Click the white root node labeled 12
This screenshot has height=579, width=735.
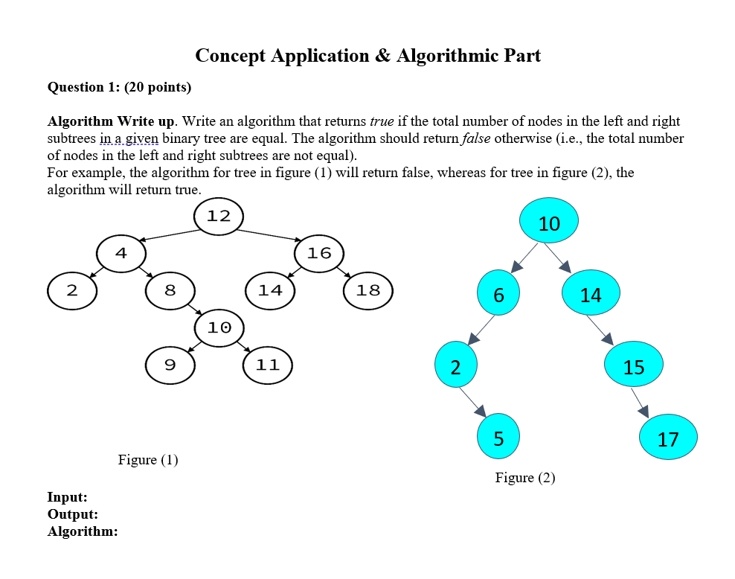(x=218, y=217)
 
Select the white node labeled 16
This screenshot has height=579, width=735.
(x=318, y=253)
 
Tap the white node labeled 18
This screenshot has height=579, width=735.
(x=368, y=290)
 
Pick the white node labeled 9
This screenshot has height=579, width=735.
(x=170, y=365)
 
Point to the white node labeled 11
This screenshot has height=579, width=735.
(x=268, y=365)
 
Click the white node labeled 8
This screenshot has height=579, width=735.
(x=170, y=290)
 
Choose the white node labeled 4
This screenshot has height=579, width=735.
(x=121, y=253)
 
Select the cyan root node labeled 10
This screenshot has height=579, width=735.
(x=548, y=221)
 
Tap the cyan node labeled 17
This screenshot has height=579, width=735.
(x=667, y=438)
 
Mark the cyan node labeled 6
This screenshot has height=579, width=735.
(x=498, y=293)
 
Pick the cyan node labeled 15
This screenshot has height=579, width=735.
(x=633, y=365)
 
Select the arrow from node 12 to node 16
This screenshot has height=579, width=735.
(x=269, y=234)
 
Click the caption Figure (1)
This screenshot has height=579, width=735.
(x=148, y=460)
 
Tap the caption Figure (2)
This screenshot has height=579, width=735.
(x=525, y=478)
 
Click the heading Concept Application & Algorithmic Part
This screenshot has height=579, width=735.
(x=367, y=56)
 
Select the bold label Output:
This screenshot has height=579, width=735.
(x=73, y=514)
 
